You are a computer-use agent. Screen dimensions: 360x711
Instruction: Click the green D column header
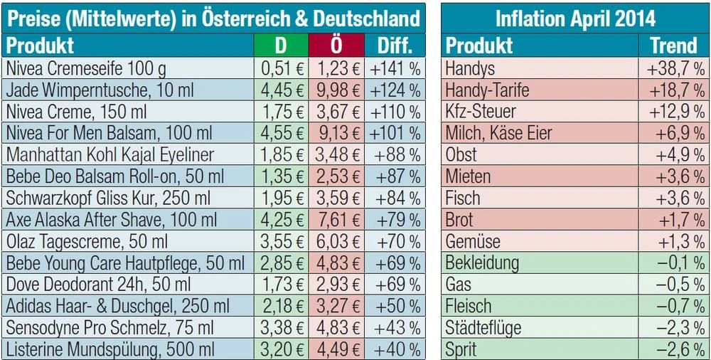pos(281,46)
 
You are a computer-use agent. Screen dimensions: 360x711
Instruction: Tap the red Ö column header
pos(335,46)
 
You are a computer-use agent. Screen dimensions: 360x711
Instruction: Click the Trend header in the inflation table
pos(673,46)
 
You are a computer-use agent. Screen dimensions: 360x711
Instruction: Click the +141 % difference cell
pos(392,69)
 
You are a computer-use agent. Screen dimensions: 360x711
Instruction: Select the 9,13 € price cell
pos(335,134)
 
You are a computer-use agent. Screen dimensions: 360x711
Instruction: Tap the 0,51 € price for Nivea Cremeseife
pos(281,69)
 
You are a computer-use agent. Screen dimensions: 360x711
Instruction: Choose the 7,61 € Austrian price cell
pos(335,220)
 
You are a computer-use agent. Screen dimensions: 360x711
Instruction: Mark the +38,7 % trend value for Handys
pos(675,69)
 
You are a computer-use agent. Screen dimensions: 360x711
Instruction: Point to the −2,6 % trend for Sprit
pos(679,350)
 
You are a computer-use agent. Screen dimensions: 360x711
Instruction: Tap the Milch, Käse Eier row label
pos(498,134)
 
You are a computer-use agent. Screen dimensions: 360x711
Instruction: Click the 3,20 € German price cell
pos(281,350)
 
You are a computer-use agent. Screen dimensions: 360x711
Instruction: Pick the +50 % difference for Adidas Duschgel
pos(392,307)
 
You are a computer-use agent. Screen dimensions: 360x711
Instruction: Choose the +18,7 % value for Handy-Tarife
pos(675,90)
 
